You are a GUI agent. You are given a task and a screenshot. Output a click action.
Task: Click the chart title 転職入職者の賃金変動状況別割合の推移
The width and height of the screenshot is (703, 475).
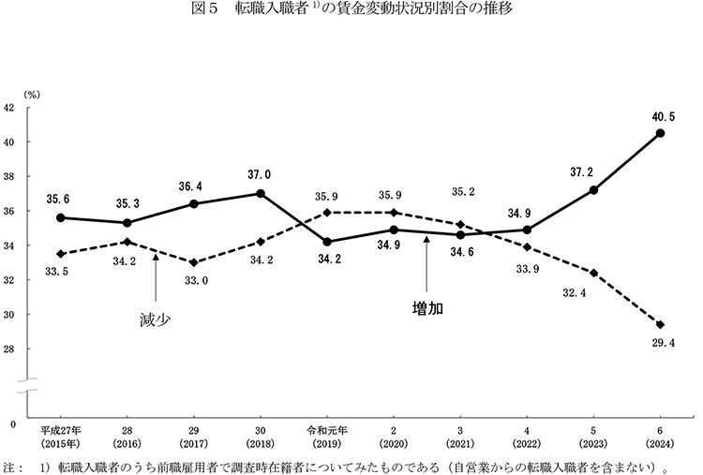coord(351,13)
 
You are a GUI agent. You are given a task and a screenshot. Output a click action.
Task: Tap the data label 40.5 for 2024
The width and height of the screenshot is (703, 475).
coord(661,116)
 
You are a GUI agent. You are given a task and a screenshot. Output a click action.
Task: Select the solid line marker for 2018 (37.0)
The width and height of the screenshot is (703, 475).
coord(260,194)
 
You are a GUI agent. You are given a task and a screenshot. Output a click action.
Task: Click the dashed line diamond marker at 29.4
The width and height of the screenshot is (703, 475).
coord(661,324)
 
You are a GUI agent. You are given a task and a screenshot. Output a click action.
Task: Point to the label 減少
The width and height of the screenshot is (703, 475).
coord(155,319)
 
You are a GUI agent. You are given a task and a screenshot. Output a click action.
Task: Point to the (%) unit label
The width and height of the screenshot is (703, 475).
coord(32,94)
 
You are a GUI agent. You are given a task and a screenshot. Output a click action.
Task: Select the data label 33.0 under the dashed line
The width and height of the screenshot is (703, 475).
coord(194,280)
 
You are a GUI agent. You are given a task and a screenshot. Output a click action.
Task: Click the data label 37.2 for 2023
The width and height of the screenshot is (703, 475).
coord(594,172)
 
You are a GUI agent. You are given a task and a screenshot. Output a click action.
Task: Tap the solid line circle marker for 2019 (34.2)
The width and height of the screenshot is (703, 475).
coord(326,242)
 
